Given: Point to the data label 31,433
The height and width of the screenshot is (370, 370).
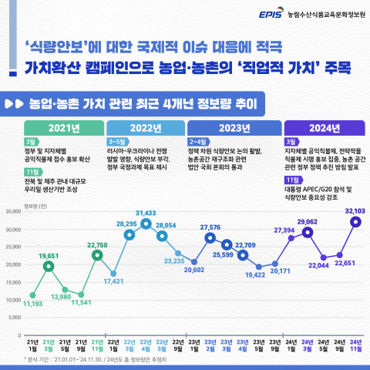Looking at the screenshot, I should (x=146, y=212).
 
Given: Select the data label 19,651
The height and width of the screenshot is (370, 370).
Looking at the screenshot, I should (x=49, y=255).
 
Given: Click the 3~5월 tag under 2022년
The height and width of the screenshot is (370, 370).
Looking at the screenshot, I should (x=116, y=142).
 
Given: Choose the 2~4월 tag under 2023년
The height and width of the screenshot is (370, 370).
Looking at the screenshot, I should (x=197, y=142).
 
